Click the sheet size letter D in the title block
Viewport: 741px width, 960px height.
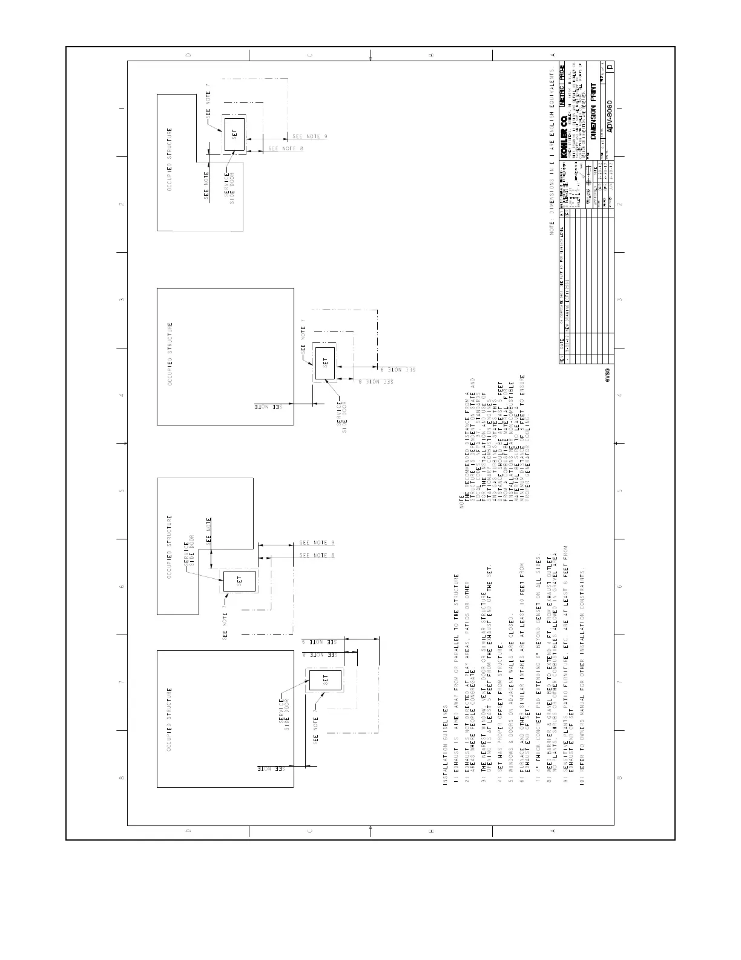tap(610, 67)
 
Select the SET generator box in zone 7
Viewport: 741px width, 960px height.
tap(325, 679)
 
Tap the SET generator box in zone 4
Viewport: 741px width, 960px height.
tap(325, 363)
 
